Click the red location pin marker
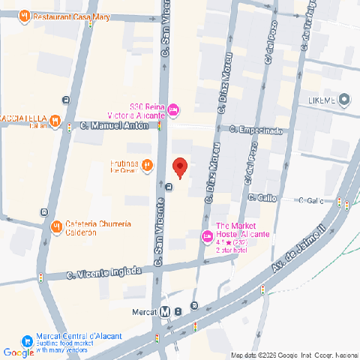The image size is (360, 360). [179, 167]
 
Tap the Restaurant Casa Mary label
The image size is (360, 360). [64, 15]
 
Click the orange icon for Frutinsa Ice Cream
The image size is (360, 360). [148, 165]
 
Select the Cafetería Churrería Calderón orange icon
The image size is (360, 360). [55, 226]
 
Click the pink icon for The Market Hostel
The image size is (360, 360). [207, 237]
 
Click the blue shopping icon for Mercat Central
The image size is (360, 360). [27, 340]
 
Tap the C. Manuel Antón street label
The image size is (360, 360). [115, 127]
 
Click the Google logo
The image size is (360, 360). [18, 352]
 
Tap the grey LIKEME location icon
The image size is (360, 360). [344, 99]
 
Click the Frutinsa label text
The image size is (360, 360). [124, 162]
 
